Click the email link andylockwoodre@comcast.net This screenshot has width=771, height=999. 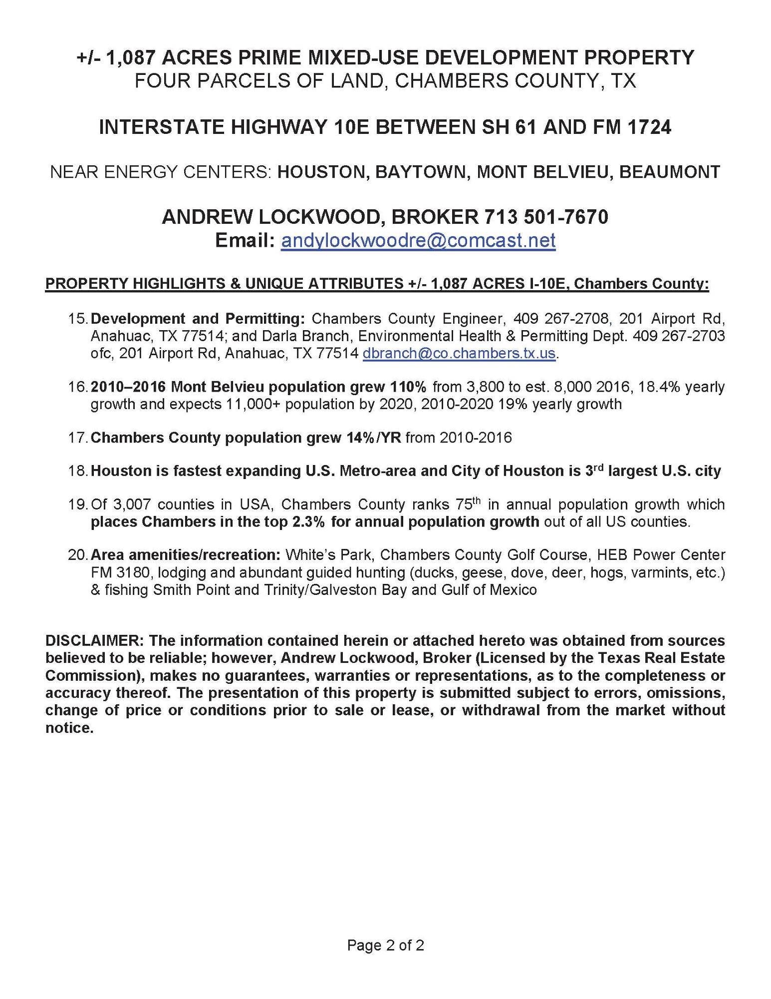(x=418, y=240)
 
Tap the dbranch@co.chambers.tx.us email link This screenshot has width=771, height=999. (x=459, y=353)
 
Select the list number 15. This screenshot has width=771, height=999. (x=78, y=319)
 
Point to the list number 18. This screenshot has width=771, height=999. (x=78, y=471)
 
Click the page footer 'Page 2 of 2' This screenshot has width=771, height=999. (x=385, y=945)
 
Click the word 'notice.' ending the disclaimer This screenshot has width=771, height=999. (x=69, y=728)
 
